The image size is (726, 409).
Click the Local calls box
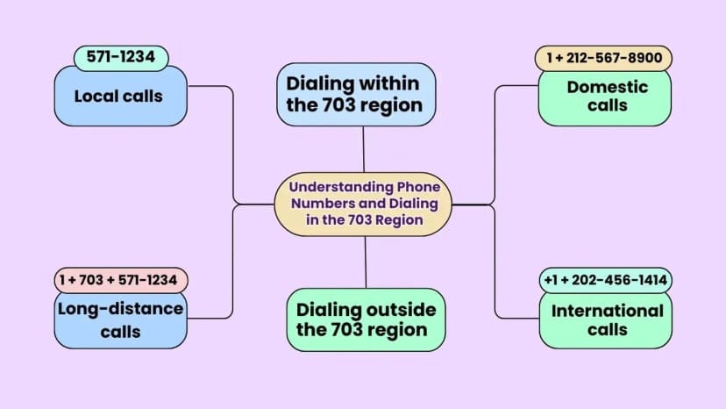point(121,96)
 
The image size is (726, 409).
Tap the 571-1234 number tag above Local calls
point(121,58)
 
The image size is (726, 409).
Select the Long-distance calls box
point(121,320)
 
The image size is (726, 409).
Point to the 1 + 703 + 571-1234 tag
point(121,280)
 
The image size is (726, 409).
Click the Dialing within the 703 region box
point(356,95)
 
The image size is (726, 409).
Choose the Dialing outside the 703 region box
point(366,320)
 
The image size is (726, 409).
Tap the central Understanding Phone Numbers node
point(363,204)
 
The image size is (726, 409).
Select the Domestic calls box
point(605,97)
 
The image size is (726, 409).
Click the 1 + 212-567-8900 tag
point(603,58)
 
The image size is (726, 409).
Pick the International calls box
point(606,320)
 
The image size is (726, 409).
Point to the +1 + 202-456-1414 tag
point(606,280)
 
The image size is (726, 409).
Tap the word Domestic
point(608,87)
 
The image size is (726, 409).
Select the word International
point(608,311)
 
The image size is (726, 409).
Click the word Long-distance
point(120,309)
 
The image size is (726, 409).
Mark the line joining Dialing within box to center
point(364,149)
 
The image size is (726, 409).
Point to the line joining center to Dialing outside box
point(366,262)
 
